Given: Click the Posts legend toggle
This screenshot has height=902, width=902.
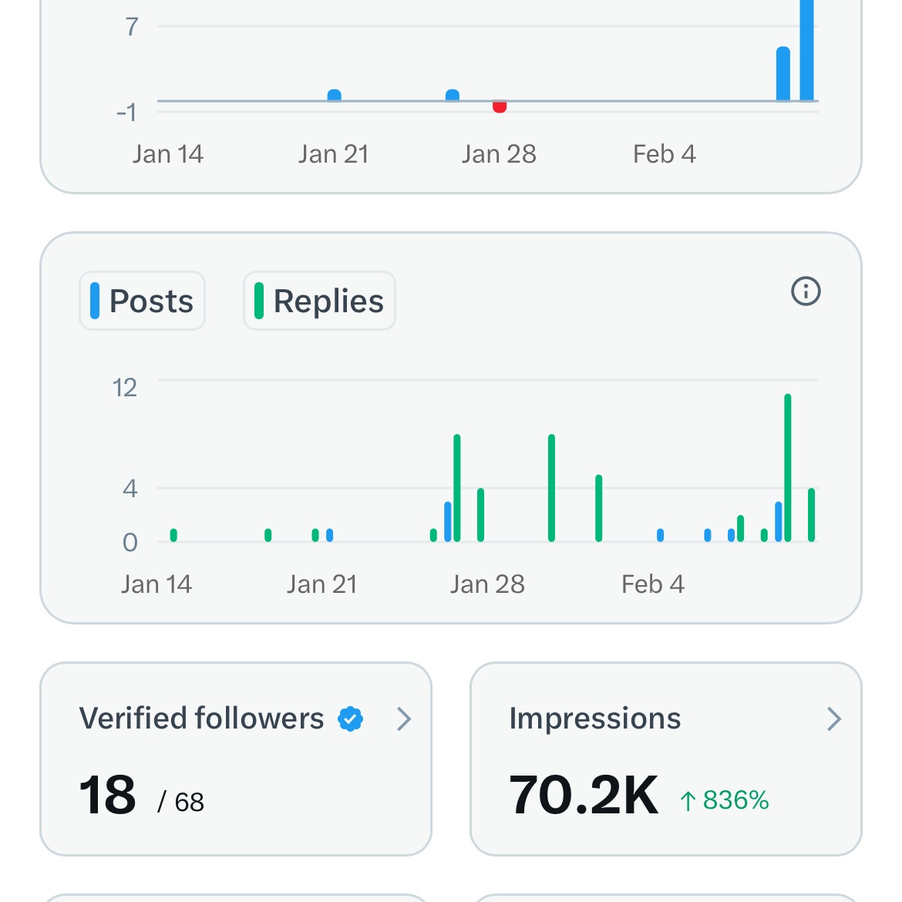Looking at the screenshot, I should (x=143, y=301).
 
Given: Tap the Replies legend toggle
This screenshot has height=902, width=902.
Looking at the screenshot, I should (x=319, y=301).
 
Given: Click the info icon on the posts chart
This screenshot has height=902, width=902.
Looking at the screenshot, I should (x=806, y=291).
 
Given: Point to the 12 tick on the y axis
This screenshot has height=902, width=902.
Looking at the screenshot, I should (x=125, y=387).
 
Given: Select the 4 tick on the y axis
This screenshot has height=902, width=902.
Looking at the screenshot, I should (x=130, y=488).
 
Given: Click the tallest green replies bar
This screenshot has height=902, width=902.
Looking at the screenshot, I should (x=788, y=467).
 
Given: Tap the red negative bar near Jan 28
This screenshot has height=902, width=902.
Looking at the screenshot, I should (x=500, y=107).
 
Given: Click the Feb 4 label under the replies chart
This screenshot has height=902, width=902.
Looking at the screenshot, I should (x=652, y=584).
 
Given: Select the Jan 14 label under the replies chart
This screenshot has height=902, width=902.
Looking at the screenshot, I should (x=156, y=584).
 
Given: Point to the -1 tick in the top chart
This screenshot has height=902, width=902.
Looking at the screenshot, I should (x=126, y=113).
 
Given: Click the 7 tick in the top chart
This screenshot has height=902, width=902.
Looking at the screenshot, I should (x=132, y=27).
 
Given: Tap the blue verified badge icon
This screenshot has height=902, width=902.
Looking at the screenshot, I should (x=350, y=719).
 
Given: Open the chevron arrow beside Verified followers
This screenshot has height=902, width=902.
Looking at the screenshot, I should (x=404, y=719).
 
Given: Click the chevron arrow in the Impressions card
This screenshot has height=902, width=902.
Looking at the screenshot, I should (x=833, y=719).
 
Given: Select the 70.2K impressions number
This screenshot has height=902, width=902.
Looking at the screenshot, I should (x=584, y=796).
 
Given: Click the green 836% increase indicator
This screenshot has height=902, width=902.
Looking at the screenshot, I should (x=725, y=800).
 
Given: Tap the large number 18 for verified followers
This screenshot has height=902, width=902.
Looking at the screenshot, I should (x=107, y=796).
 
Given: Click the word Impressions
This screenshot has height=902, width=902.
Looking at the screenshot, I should (x=595, y=719).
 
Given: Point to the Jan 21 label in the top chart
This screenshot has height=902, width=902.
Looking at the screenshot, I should (x=333, y=154).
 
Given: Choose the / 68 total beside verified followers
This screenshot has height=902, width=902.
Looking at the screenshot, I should (x=181, y=803).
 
